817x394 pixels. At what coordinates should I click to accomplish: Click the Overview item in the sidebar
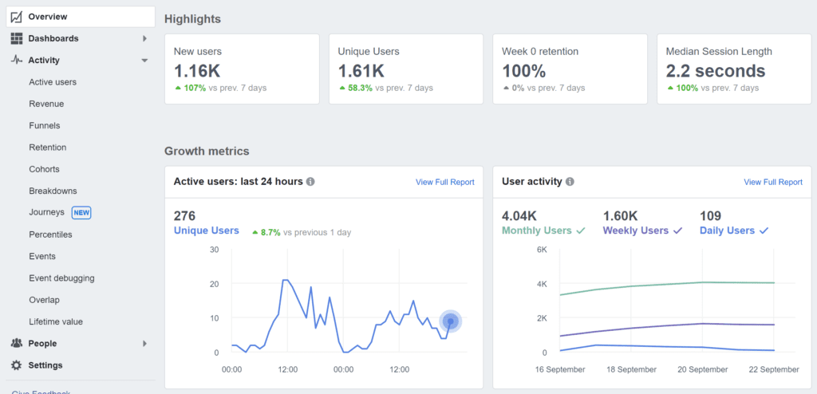tap(47, 17)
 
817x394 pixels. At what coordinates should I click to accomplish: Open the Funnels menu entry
tap(45, 126)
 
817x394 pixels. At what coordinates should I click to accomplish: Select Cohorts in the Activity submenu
tap(44, 169)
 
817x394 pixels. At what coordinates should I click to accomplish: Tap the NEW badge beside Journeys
tap(81, 213)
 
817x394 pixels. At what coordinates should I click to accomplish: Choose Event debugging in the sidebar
tap(61, 278)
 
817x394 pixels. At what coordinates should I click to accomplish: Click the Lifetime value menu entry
tap(56, 322)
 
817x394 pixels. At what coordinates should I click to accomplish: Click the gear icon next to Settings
tap(17, 365)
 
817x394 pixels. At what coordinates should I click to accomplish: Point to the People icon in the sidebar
tap(17, 344)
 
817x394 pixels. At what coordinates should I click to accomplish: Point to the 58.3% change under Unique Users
tap(360, 88)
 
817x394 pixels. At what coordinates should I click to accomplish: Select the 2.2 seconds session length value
tap(716, 71)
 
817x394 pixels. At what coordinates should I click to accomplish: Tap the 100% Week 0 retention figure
tap(524, 71)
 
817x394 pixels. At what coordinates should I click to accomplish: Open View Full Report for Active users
tap(444, 183)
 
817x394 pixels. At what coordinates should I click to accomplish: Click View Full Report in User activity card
tap(773, 183)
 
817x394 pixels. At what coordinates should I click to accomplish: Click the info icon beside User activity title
tap(570, 182)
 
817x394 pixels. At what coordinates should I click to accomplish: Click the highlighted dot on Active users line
tap(451, 321)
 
